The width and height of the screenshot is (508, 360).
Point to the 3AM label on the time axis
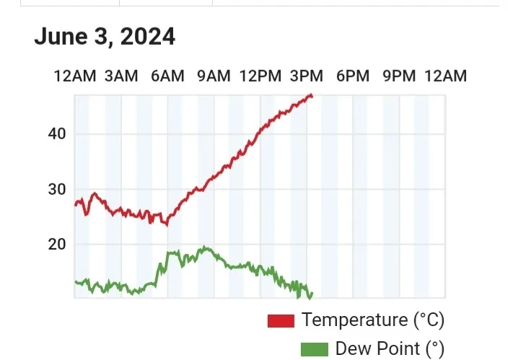pyautogui.click(x=121, y=76)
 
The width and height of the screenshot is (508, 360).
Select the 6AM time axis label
pyautogui.click(x=167, y=76)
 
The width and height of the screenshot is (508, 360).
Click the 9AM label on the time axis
pyautogui.click(x=214, y=76)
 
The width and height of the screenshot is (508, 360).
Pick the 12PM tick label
pyautogui.click(x=260, y=76)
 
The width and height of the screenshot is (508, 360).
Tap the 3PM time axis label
pyautogui.click(x=307, y=76)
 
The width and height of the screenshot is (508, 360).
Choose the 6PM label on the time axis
pyautogui.click(x=353, y=76)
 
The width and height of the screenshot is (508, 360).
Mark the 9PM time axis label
pyautogui.click(x=399, y=76)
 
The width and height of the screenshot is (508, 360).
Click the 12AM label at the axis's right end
pyautogui.click(x=445, y=76)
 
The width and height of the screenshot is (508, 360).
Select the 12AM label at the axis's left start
pyautogui.click(x=75, y=76)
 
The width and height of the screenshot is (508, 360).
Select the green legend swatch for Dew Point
pyautogui.click(x=314, y=350)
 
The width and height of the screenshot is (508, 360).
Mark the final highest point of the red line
pyautogui.click(x=311, y=95)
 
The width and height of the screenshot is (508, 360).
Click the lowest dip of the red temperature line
pyautogui.click(x=167, y=224)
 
